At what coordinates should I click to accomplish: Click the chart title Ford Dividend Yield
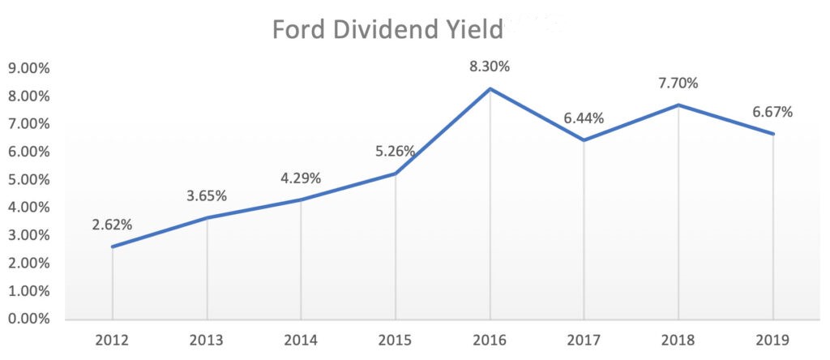point(387,29)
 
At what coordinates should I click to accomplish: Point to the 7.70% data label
point(678,84)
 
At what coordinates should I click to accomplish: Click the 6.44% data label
point(583,118)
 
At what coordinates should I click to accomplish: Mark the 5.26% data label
point(395,151)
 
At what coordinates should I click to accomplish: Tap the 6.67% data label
point(772,112)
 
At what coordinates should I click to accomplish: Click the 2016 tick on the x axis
point(490,338)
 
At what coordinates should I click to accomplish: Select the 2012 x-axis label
point(113,338)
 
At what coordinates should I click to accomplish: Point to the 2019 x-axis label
point(772,338)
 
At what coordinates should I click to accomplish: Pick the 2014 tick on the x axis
point(301,338)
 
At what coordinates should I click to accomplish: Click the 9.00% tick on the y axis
point(28,68)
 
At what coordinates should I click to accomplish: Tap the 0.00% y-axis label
point(28,319)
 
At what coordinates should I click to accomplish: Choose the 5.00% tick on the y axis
point(28,179)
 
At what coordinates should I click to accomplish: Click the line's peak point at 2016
point(490,88)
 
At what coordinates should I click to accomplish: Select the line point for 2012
point(113,246)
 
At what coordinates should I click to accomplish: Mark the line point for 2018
point(678,105)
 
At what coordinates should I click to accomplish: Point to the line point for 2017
point(584,139)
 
